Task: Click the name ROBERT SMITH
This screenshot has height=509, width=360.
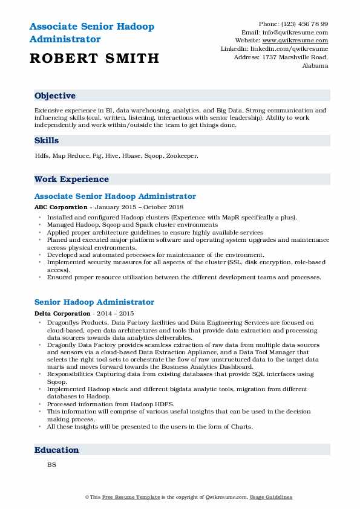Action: click(x=94, y=59)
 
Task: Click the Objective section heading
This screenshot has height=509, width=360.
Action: click(x=55, y=96)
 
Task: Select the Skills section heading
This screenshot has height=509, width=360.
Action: click(x=47, y=140)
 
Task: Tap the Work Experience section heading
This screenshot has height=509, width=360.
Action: click(x=71, y=179)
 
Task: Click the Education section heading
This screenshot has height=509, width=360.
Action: click(x=57, y=450)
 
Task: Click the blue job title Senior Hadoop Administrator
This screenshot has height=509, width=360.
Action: click(x=94, y=302)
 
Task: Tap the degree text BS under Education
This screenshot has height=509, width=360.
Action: click(x=51, y=465)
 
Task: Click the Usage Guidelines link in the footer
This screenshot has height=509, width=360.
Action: click(x=272, y=497)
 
